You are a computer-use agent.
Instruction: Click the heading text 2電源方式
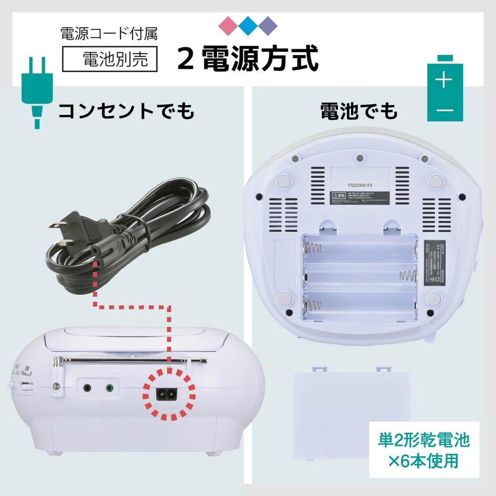click(x=248, y=59)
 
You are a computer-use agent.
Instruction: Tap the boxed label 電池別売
click(x=111, y=60)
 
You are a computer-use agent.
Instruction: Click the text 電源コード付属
click(x=108, y=34)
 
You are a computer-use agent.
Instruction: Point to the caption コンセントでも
click(x=126, y=110)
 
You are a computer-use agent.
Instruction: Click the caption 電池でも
click(x=358, y=110)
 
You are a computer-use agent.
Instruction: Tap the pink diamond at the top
click(x=229, y=24)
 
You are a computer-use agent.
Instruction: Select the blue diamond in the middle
click(x=248, y=24)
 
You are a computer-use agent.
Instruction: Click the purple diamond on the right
click(x=267, y=24)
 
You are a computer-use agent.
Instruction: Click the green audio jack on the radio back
click(x=110, y=387)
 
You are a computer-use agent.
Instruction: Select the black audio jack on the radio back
click(x=87, y=387)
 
